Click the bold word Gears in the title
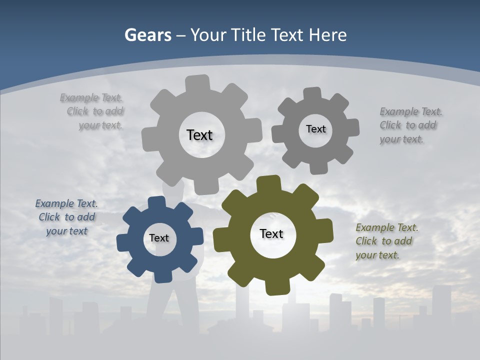tap(147, 35)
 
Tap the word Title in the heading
tap(248, 35)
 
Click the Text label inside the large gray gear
tap(199, 135)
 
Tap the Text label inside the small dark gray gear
tap(315, 129)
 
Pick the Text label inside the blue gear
tap(159, 238)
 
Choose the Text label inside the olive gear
tap(271, 233)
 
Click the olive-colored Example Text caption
tap(386, 241)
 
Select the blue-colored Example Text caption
tap(66, 217)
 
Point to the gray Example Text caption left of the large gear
tap(93, 111)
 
